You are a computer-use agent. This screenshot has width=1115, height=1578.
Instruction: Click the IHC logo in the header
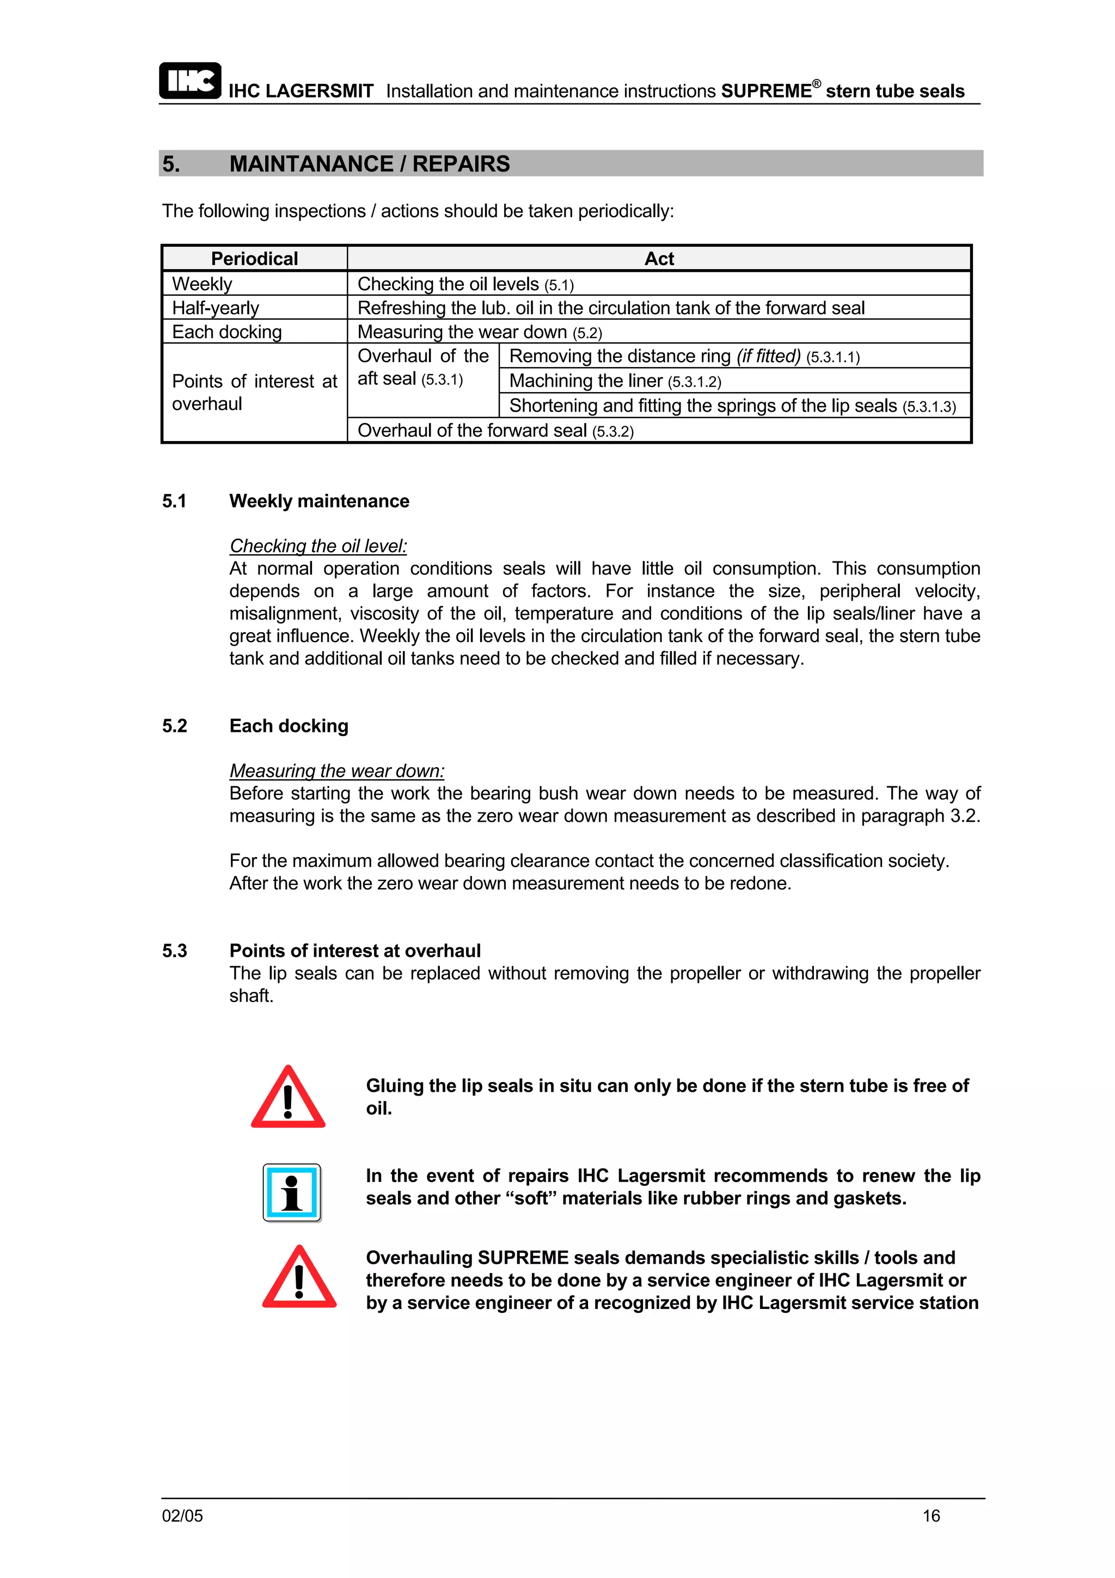(189, 81)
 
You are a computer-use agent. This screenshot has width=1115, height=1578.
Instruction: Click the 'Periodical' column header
(254, 259)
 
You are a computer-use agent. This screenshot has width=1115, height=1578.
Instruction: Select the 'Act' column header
(658, 259)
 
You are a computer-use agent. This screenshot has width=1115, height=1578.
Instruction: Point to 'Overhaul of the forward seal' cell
(495, 430)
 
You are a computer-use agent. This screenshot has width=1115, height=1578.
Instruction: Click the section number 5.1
(175, 501)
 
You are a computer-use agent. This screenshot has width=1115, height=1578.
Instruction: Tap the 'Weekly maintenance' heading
(319, 501)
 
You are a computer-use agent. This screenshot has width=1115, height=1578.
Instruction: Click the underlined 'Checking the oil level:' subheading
(318, 546)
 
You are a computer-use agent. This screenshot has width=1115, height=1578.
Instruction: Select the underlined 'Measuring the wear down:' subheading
(336, 770)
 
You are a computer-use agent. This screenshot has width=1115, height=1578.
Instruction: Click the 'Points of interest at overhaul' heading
(354, 951)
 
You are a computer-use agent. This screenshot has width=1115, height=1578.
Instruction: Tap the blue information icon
(292, 1192)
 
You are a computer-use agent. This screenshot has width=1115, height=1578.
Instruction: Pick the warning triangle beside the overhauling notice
(299, 1277)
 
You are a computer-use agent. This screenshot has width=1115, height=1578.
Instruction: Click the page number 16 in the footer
(931, 1515)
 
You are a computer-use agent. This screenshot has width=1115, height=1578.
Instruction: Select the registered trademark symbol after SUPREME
(816, 84)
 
